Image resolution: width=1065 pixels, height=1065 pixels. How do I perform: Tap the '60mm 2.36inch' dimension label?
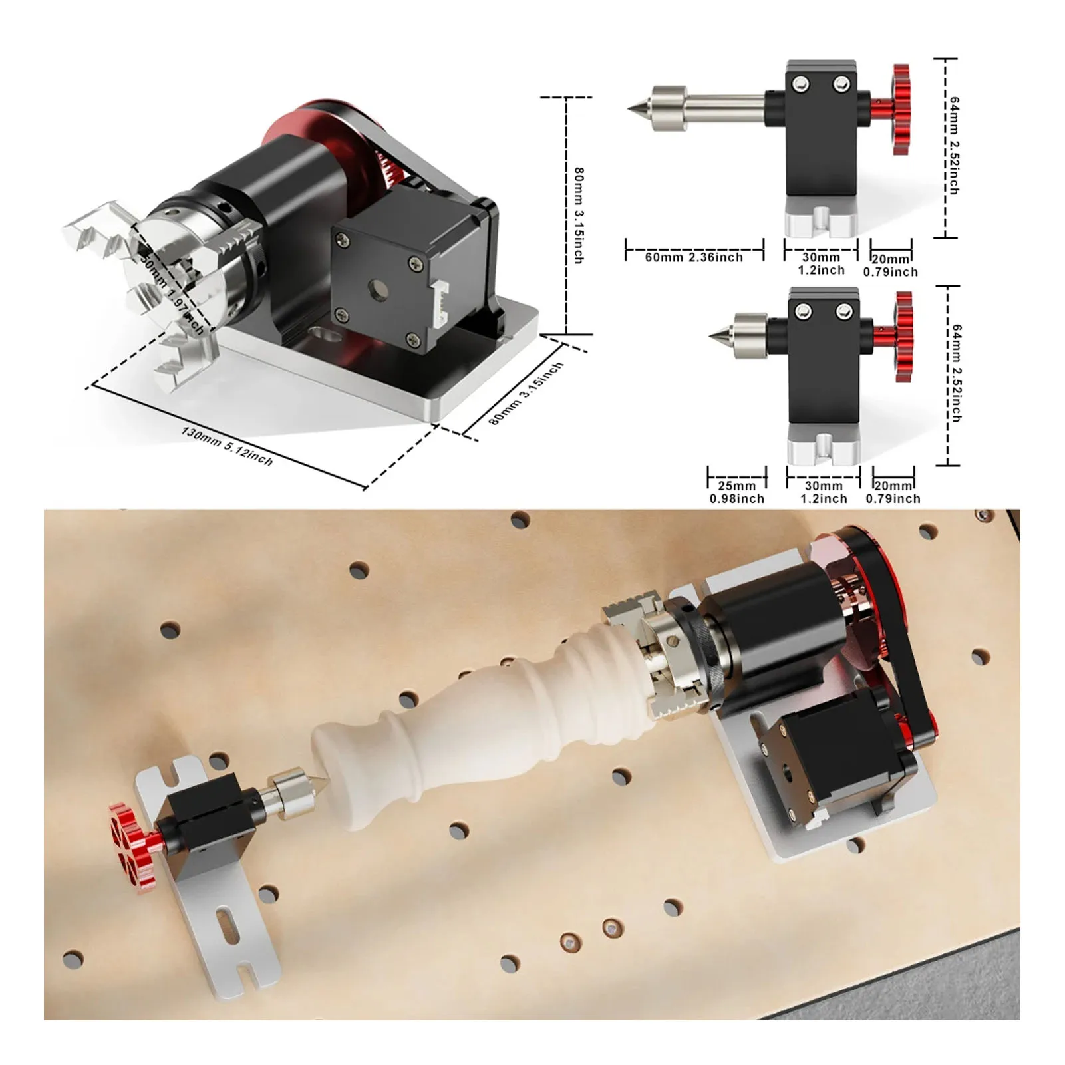694,257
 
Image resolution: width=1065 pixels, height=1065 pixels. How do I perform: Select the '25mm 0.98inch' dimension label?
736,492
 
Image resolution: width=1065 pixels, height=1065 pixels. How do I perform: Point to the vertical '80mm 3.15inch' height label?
579,215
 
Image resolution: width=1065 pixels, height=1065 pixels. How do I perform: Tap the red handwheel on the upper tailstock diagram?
901,110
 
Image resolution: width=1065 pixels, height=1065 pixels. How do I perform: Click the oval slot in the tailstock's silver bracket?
228,924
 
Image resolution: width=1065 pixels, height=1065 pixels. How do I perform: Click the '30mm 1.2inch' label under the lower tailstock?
824,492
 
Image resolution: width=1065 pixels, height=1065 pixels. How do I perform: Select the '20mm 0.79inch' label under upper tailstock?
891,265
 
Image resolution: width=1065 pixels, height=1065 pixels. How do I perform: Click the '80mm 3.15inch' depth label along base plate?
526,394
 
